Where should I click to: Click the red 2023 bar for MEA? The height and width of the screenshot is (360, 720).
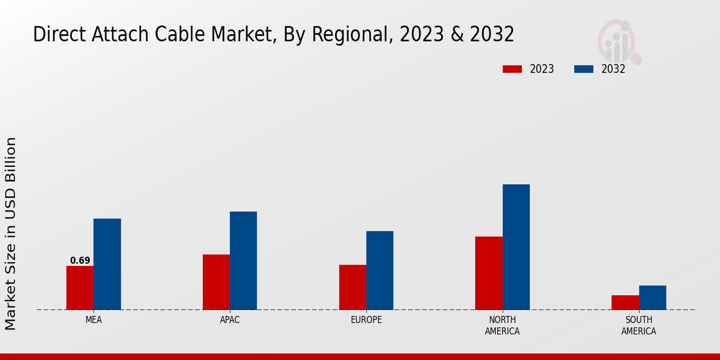tap(80, 288)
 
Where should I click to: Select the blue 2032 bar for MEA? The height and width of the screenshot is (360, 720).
tap(107, 264)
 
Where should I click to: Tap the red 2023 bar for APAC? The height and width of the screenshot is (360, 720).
tap(216, 282)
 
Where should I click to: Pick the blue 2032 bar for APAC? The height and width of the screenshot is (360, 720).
tap(243, 260)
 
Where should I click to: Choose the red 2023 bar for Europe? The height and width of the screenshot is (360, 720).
tap(352, 287)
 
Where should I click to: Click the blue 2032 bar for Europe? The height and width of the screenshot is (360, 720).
tap(380, 271)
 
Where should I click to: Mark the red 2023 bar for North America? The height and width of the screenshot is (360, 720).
tap(488, 273)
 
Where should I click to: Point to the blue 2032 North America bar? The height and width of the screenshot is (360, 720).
tap(516, 247)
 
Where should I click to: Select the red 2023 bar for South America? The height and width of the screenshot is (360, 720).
tap(625, 302)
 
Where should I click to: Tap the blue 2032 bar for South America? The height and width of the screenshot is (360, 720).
tap(652, 298)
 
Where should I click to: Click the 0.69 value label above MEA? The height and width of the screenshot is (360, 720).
tap(80, 260)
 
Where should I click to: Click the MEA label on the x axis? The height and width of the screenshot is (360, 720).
tap(94, 320)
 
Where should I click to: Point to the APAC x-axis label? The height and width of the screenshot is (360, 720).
tap(230, 320)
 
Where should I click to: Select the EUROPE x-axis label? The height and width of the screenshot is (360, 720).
tap(366, 320)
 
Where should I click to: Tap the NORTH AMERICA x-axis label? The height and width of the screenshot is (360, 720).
tap(502, 325)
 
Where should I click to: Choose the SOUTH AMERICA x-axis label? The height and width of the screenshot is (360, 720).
tap(638, 325)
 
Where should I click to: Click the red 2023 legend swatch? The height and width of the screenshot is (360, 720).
tap(512, 69)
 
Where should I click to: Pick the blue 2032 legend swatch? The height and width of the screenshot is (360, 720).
tap(583, 69)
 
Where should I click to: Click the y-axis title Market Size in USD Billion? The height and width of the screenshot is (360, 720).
tap(11, 233)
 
